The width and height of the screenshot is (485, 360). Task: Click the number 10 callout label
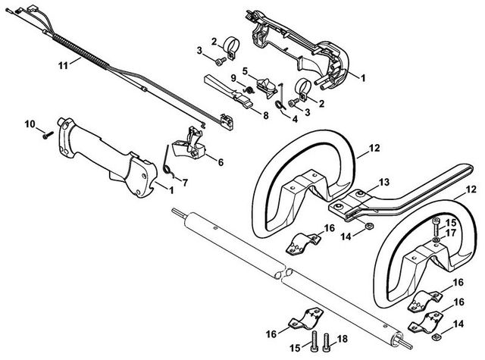point(30,124)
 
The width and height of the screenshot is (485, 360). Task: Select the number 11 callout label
point(64,65)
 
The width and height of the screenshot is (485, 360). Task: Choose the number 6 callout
point(221,161)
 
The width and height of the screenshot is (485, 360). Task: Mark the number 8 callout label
point(265,116)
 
